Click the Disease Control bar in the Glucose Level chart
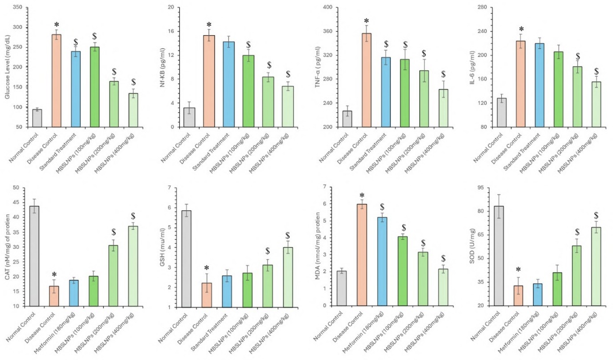point(56,81)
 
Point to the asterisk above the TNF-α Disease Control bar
point(366,21)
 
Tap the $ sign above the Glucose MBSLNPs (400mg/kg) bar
point(133,82)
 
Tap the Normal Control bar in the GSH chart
point(188,259)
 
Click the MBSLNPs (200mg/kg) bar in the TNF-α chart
point(424,98)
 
